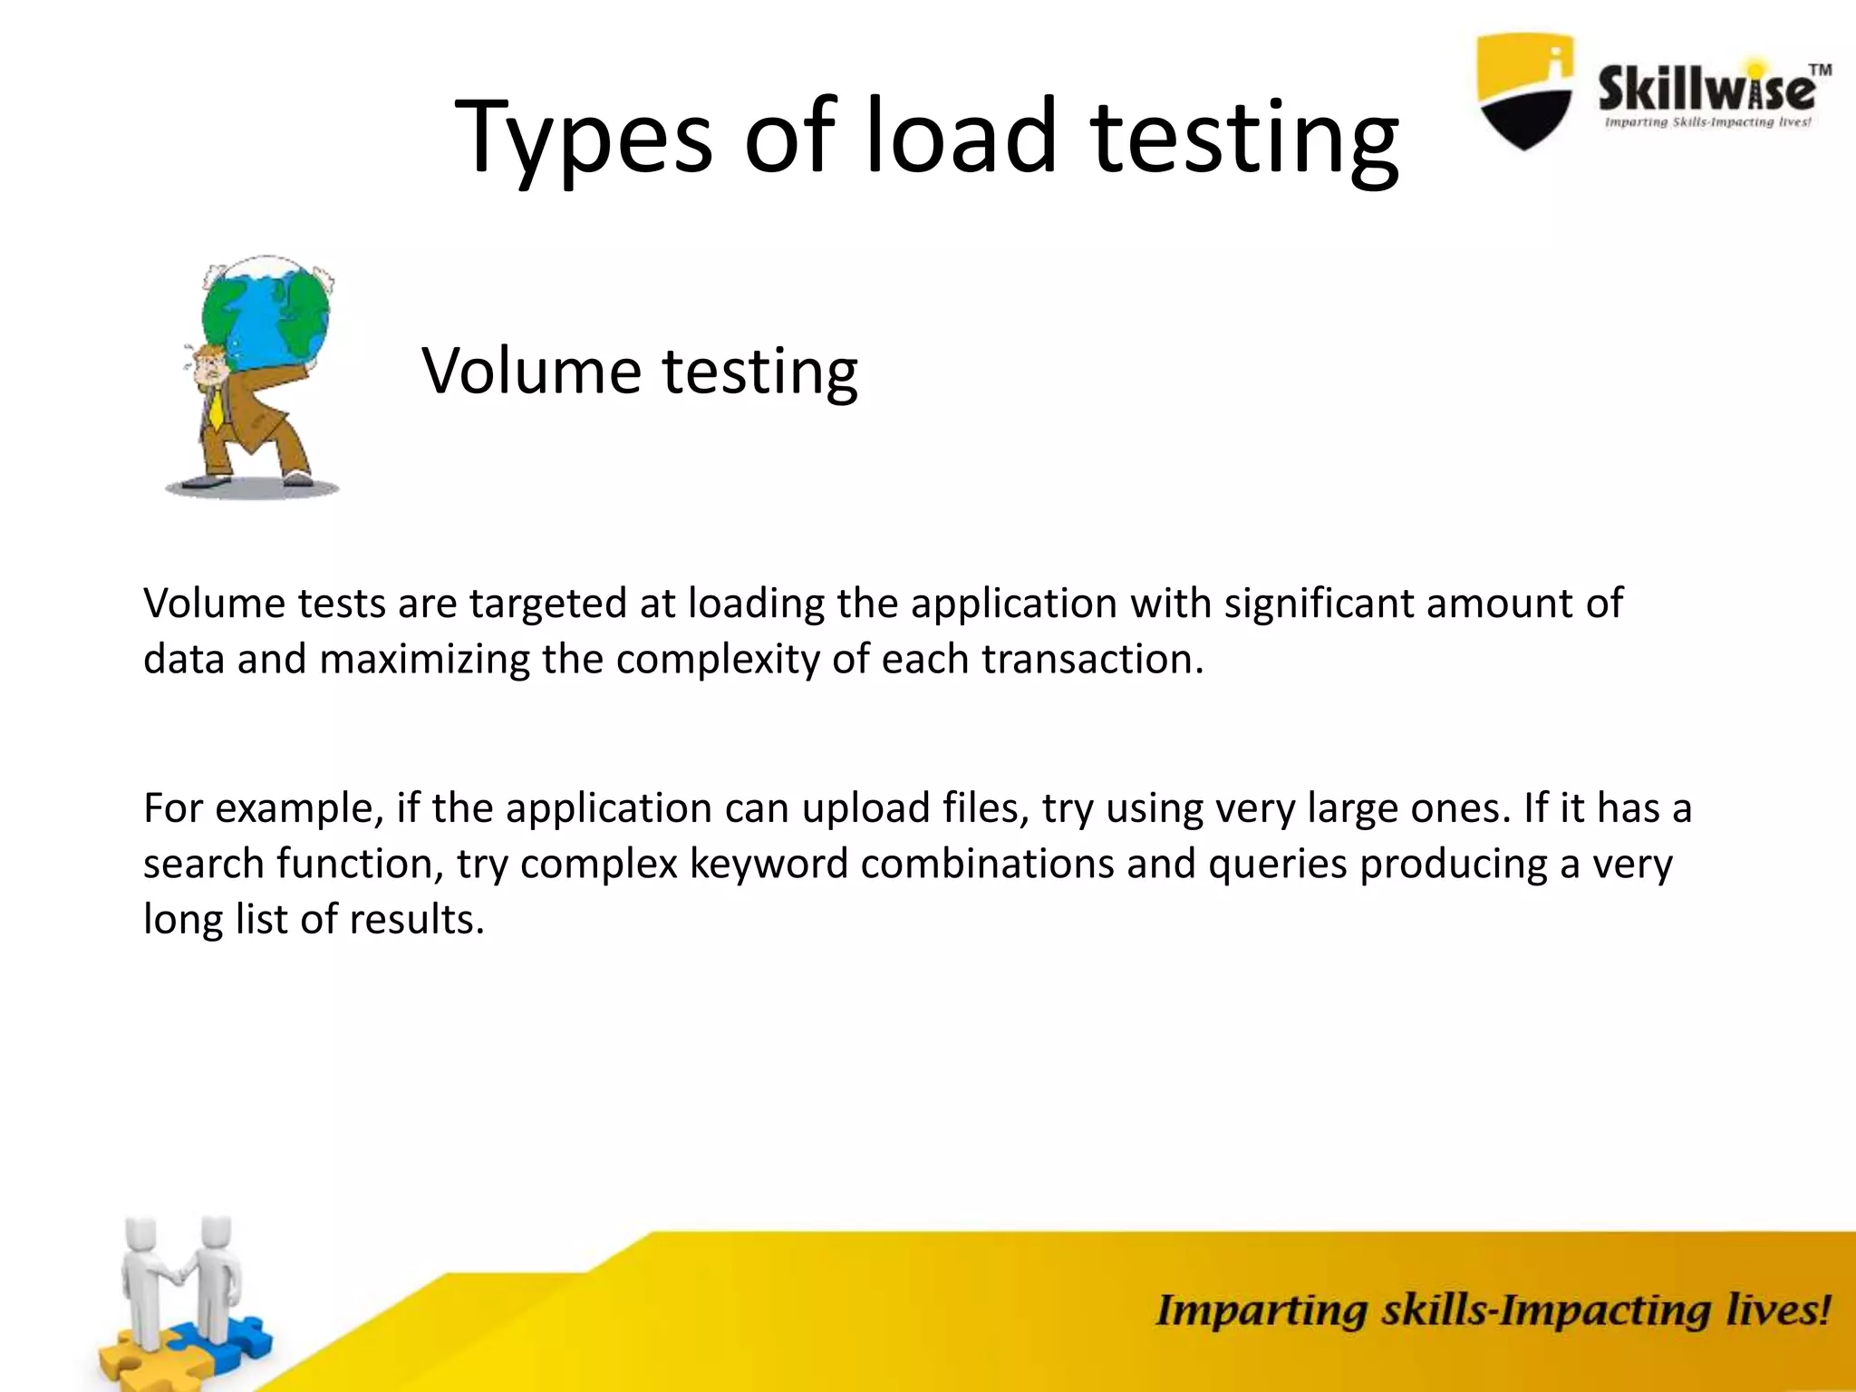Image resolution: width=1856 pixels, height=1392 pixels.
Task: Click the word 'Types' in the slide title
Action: (584, 138)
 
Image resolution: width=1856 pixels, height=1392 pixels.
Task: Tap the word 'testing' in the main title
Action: (1245, 138)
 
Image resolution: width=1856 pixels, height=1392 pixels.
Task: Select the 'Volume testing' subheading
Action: (640, 371)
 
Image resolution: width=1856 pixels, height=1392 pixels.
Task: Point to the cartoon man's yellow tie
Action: (216, 407)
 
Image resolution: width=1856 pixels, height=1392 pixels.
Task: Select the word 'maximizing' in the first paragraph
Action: (424, 659)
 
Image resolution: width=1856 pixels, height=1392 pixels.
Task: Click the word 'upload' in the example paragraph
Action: (865, 808)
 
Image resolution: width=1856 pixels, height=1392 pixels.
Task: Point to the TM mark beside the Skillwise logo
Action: (1820, 70)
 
